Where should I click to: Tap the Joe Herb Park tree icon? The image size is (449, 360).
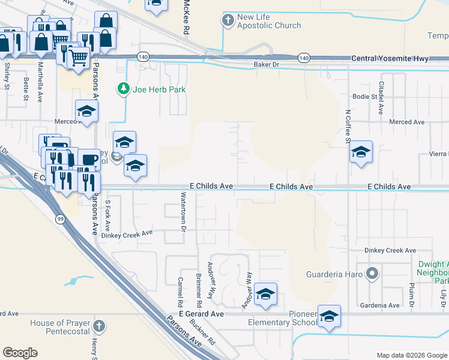coord(124,89)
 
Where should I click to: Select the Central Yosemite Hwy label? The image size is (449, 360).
coord(381,58)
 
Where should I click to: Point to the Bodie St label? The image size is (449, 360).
coord(364,96)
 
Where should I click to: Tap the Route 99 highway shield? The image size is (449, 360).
coord(61,220)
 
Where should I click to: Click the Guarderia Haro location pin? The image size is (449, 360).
coord(372,274)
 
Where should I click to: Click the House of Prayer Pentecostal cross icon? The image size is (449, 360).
coord(99,328)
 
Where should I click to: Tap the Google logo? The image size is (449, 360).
coord(20,353)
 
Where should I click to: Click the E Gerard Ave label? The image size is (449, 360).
coord(201,314)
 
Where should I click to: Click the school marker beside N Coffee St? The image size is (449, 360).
coord(361,152)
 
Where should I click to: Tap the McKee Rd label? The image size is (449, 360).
coord(187,18)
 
